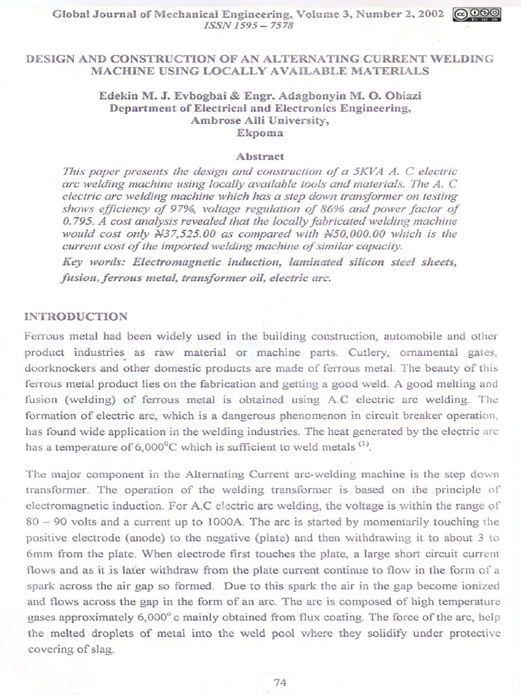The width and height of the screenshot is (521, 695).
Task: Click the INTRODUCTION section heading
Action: (75, 316)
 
